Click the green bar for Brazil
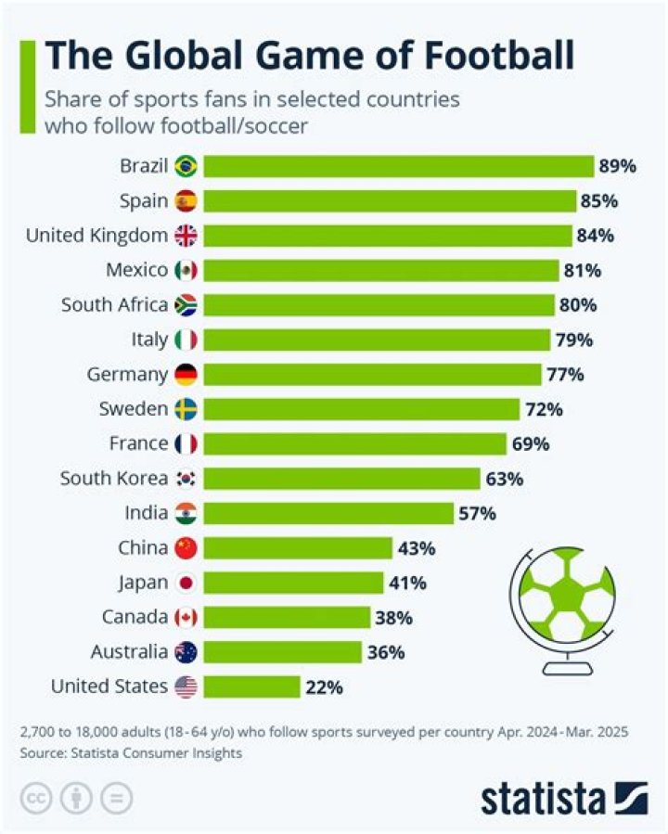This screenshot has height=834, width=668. tap(398, 166)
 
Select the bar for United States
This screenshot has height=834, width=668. tap(251, 687)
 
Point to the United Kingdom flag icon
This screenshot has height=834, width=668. tap(186, 236)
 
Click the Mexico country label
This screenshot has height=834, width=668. tap(137, 270)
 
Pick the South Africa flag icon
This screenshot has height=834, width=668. tap(186, 305)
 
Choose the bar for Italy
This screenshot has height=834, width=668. tap(376, 340)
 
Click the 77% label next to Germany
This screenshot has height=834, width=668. tap(565, 375)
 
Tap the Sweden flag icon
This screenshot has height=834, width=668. tap(186, 409)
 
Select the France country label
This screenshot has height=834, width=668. tap(138, 443)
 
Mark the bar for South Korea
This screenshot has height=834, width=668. tap(340, 479)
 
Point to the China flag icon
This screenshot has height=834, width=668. tap(186, 548)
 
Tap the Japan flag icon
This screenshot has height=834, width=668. tap(186, 583)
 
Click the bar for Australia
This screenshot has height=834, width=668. tap(282, 652)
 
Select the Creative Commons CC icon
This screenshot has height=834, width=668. tap(36, 797)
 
